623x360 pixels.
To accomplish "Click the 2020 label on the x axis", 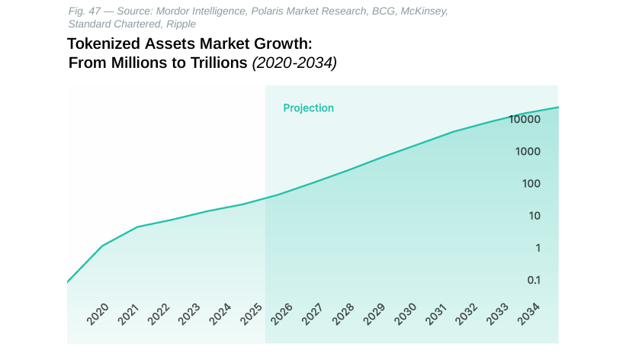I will point(98,314).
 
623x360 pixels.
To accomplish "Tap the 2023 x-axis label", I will point(189,314).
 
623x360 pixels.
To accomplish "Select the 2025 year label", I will point(251,314).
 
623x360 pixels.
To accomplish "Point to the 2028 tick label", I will point(343,314).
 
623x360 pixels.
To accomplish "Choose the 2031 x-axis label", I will point(435,314).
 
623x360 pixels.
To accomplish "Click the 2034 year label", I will point(528,314).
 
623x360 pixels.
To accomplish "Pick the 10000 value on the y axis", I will point(525,120).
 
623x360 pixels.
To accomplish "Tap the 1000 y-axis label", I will point(528,152).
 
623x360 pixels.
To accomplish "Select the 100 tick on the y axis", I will point(531,184).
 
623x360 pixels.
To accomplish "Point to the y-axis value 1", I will point(538,249).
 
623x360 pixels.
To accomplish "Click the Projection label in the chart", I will point(308,108).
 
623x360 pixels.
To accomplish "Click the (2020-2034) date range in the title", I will point(294,63).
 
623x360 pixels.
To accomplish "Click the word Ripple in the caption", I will point(181,24).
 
